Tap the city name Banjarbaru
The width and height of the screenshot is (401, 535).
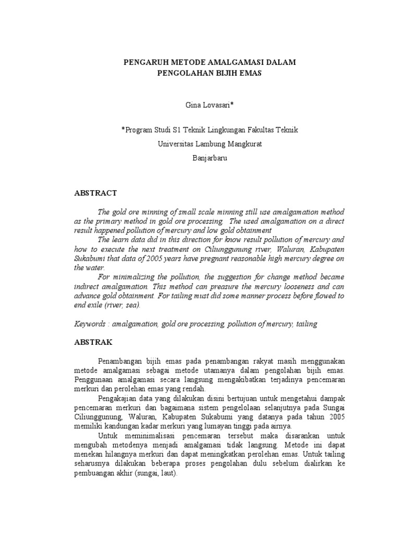[x=200, y=156]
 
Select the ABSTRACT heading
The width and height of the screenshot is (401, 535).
[x=96, y=193]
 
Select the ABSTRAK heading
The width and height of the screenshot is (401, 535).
[x=93, y=343]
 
